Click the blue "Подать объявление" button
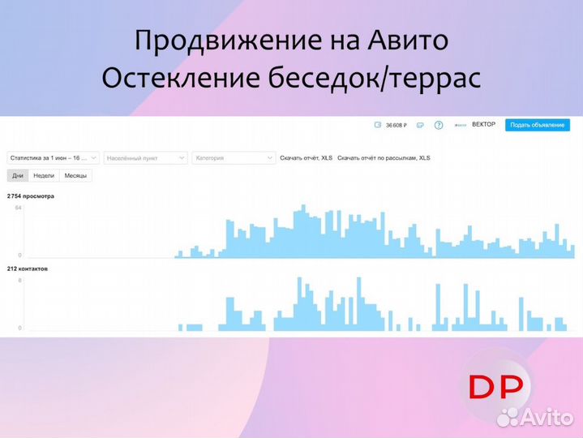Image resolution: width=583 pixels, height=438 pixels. click(537, 125)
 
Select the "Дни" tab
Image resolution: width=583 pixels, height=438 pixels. click(18, 175)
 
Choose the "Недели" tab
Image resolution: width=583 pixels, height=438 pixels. click(44, 175)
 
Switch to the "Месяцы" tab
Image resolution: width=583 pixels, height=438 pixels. click(76, 175)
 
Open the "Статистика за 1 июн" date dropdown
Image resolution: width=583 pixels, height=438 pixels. click(54, 158)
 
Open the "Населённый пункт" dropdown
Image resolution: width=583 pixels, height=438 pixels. click(146, 158)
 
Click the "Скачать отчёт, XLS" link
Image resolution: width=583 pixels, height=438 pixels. click(306, 158)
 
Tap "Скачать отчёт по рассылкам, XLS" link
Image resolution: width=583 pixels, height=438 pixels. click(383, 158)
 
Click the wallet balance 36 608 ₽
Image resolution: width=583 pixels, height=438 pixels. click(394, 125)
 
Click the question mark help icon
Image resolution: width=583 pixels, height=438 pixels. click(439, 125)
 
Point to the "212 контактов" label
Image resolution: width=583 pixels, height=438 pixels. click(28, 268)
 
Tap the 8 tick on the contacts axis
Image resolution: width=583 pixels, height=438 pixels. click(19, 280)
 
